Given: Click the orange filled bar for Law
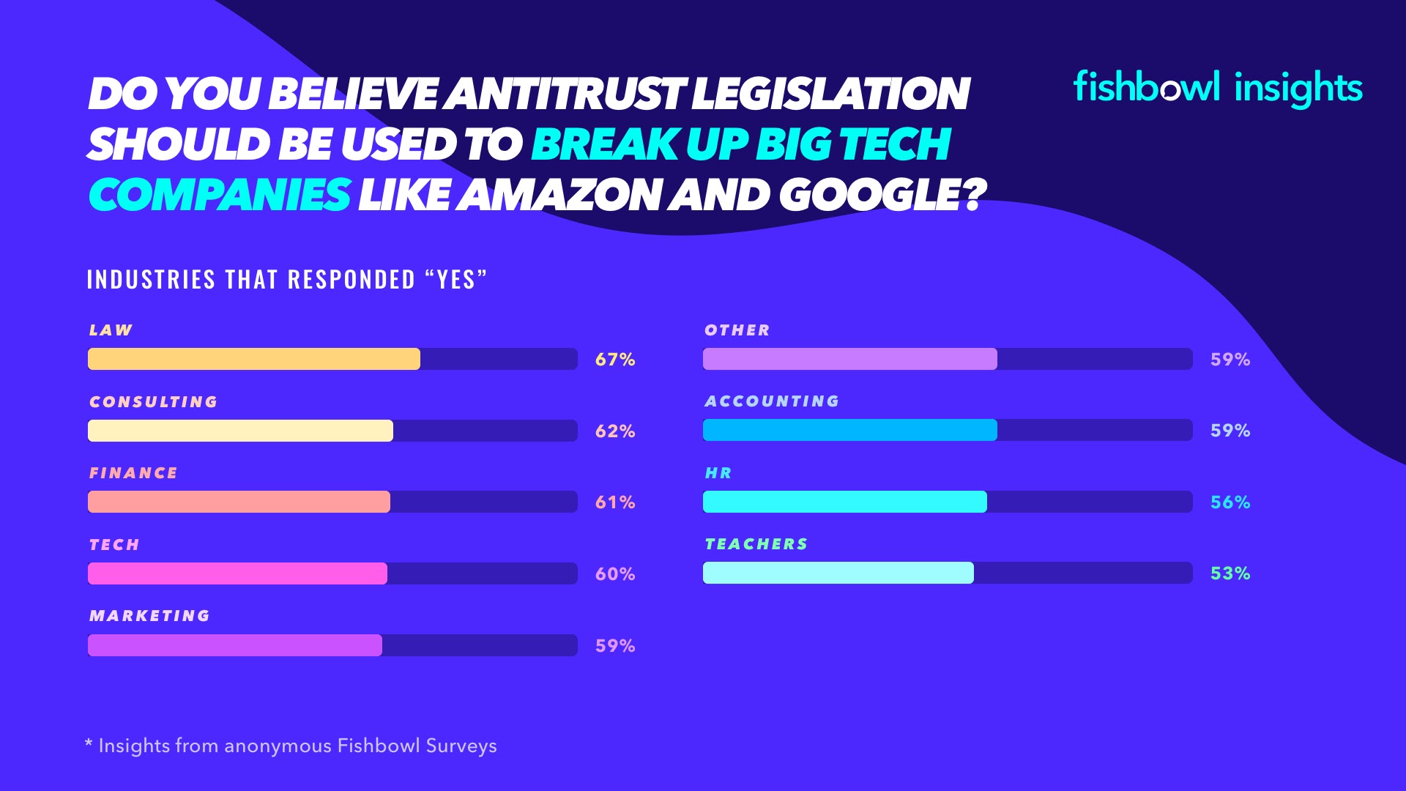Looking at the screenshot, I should tap(253, 359).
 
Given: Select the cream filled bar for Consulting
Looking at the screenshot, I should tap(240, 431).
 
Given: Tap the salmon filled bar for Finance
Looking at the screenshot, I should tap(239, 502).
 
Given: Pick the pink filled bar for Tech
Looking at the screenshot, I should tap(237, 573).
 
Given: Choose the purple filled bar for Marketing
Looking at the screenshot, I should tap(234, 645).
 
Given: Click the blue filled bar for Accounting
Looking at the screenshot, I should tap(849, 430).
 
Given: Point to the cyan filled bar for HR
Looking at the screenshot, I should tap(844, 502).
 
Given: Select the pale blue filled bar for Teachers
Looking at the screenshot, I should tap(838, 573).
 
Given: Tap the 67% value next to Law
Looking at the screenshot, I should tap(615, 360).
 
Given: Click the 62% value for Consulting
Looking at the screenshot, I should tap(615, 431).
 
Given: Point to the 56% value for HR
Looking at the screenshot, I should tap(1230, 502).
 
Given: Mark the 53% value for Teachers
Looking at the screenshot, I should tap(1230, 573).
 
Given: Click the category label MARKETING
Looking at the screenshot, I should tap(149, 616).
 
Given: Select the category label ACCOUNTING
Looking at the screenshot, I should tap(772, 401).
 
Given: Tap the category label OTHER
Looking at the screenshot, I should tap(737, 330).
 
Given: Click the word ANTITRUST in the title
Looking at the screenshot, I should tap(566, 94).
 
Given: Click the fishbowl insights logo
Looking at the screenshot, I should tap(1217, 88).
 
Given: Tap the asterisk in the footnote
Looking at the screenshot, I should tap(89, 744).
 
